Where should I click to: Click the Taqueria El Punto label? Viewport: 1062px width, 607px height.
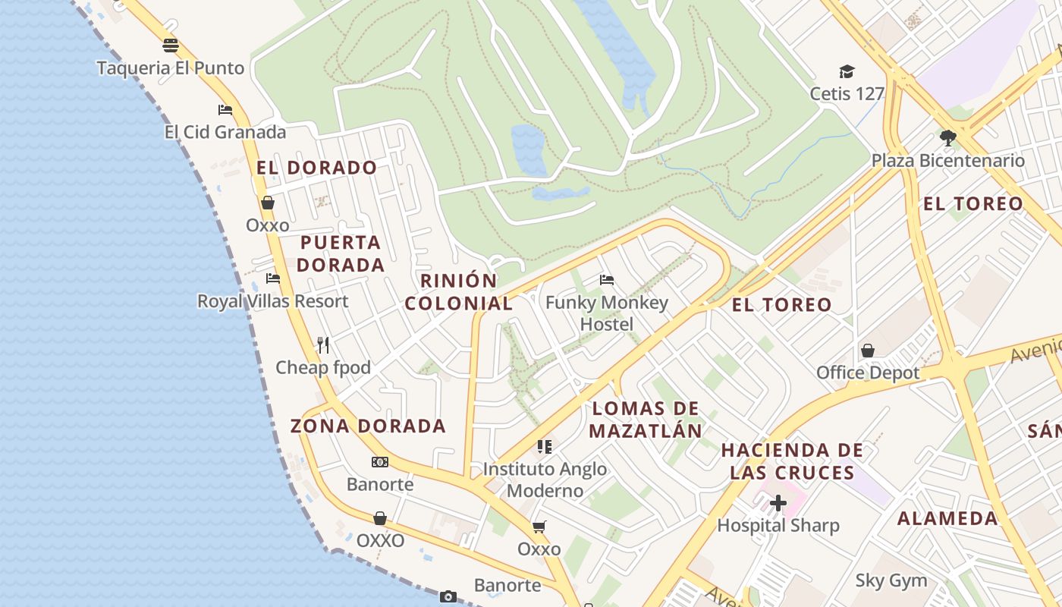tap(171, 68)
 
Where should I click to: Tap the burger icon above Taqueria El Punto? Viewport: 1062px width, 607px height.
tap(171, 46)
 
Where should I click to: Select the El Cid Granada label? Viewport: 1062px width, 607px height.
tap(225, 132)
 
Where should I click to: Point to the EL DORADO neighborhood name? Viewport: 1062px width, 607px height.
tap(316, 168)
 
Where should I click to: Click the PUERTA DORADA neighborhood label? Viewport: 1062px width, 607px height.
tap(341, 253)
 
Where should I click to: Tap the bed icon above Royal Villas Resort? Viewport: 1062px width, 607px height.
tap(273, 278)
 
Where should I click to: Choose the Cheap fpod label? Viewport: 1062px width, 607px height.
tap(323, 368)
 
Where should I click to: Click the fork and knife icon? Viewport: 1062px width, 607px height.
tap(323, 345)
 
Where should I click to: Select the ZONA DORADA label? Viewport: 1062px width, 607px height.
tap(368, 426)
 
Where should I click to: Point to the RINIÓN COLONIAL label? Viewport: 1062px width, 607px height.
tap(459, 291)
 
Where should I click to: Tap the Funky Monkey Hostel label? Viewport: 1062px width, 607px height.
tap(607, 313)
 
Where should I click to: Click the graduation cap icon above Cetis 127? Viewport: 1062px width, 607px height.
tap(847, 71)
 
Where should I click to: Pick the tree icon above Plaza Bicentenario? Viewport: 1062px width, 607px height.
tap(947, 137)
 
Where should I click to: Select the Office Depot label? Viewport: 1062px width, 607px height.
tap(868, 373)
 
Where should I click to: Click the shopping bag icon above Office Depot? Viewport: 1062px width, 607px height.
tap(868, 351)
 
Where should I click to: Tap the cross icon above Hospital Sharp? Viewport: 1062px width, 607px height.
tap(778, 502)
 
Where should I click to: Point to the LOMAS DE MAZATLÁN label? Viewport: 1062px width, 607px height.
tap(646, 420)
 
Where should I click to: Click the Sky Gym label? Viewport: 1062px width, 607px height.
tap(891, 581)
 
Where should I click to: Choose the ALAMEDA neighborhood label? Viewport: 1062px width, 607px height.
tap(947, 518)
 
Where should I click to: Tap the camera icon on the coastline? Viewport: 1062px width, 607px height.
tap(448, 596)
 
